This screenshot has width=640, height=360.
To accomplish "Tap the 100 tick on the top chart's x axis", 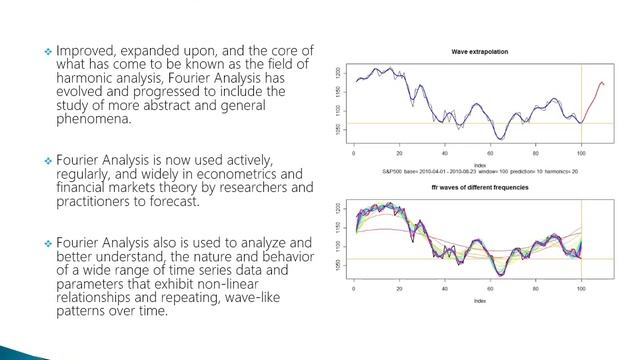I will (x=581, y=157).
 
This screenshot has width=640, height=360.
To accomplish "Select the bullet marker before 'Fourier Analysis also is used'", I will (x=46, y=244).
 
